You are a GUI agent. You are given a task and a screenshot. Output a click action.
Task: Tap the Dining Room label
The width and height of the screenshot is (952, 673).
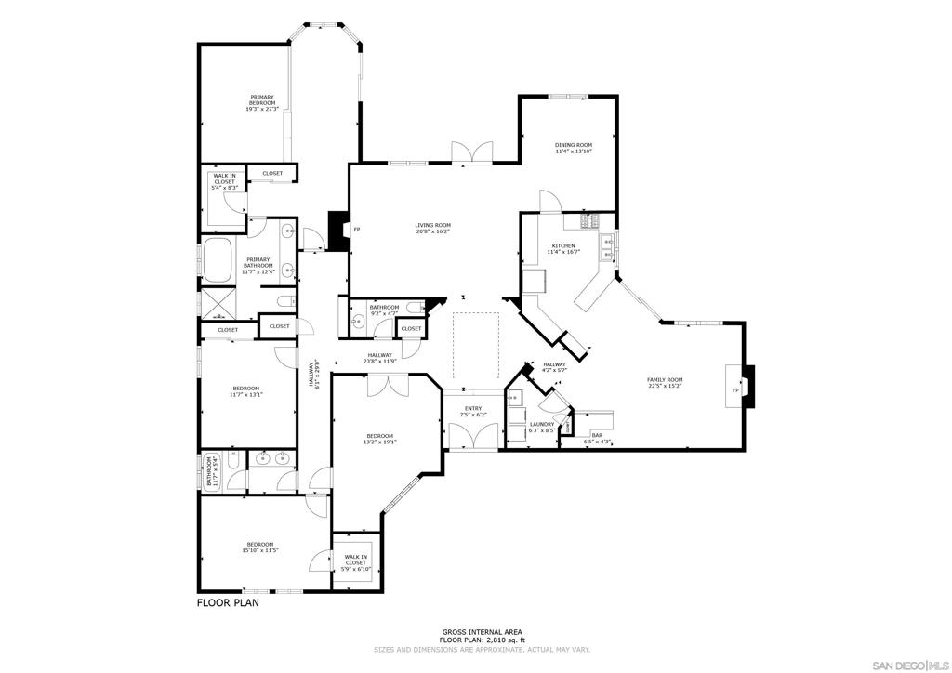(573, 145)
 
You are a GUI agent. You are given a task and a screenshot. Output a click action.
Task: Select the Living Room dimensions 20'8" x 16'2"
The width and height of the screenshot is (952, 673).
(432, 231)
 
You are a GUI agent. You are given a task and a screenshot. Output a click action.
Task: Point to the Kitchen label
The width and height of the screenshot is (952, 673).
(563, 246)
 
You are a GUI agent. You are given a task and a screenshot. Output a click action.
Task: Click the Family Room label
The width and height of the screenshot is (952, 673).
(665, 379)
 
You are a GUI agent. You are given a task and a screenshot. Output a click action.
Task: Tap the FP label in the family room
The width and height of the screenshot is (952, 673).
(735, 389)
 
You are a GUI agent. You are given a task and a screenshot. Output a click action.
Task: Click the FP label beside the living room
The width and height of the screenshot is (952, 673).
(357, 230)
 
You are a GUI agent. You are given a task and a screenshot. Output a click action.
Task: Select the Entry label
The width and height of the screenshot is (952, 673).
(473, 408)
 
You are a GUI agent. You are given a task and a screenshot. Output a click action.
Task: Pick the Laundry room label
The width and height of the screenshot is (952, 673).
(542, 424)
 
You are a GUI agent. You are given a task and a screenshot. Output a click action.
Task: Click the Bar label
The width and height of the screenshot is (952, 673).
(597, 435)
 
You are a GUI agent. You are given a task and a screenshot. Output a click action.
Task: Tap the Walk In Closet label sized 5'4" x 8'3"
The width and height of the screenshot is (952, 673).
(225, 181)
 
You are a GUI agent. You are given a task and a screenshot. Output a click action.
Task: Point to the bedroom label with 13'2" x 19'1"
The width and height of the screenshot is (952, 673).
(379, 436)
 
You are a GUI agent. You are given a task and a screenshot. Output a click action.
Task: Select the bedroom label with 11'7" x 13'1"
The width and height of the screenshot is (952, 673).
(246, 388)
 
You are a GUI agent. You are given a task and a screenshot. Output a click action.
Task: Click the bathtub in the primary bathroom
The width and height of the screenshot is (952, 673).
(219, 260)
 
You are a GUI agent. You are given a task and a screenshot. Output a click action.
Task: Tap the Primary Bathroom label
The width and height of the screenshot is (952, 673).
(258, 265)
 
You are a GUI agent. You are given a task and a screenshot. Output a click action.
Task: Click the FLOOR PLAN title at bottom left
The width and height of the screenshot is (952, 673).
(228, 602)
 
